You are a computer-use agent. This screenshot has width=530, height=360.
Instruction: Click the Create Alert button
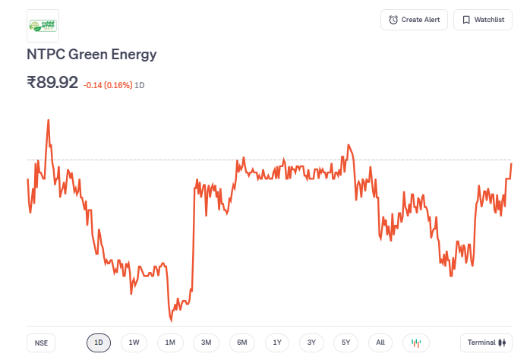click(415, 20)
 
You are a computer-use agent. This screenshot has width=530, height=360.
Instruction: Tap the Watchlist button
click(483, 20)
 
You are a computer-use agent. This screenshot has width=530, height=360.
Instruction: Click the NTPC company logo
click(43, 26)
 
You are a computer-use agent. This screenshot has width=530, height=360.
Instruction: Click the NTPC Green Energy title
click(91, 55)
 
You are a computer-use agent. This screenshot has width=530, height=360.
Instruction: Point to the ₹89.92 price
click(52, 82)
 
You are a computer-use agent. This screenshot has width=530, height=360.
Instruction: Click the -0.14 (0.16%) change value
click(107, 85)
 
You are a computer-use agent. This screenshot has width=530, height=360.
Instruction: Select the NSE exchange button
click(41, 343)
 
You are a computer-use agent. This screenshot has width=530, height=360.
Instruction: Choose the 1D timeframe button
click(99, 343)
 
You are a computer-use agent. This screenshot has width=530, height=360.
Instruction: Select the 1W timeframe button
click(134, 343)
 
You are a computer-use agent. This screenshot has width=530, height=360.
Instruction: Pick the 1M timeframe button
click(170, 343)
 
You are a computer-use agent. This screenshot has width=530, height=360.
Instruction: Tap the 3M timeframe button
click(206, 343)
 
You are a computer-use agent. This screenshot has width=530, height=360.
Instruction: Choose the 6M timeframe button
click(241, 343)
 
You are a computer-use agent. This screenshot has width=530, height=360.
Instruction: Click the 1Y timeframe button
click(277, 343)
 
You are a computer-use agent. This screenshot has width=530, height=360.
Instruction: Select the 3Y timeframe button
click(311, 343)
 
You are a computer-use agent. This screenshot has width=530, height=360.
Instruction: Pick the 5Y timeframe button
click(345, 343)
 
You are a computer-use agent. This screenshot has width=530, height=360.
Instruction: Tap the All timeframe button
click(380, 343)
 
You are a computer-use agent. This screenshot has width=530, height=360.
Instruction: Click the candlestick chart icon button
click(415, 343)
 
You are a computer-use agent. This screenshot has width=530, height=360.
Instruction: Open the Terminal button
click(486, 343)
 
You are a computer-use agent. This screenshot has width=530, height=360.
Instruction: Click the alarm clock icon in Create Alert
click(393, 20)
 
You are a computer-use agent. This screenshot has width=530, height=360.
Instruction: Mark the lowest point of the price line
click(171, 321)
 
